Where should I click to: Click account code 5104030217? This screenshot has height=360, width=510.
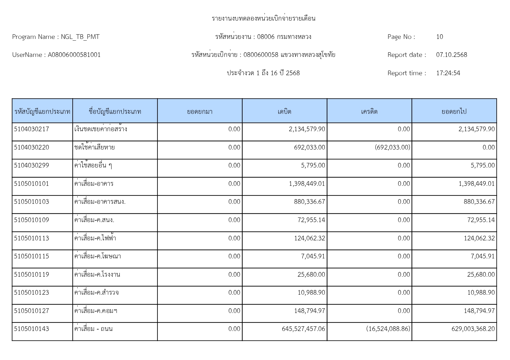coord(31,129)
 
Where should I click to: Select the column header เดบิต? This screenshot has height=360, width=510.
coord(284,111)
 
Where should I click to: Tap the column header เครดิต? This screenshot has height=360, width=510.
coord(369,111)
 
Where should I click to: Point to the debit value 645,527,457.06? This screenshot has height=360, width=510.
coord(303,329)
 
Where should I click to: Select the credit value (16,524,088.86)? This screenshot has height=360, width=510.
coord(388,329)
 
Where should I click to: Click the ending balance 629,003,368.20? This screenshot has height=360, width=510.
coord(473,329)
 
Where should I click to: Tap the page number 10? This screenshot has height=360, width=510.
coord(439,37)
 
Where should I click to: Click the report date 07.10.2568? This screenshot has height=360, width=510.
coord(451,55)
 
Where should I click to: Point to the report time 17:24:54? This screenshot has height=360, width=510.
coord(448,73)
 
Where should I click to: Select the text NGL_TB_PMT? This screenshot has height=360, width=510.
coord(80,37)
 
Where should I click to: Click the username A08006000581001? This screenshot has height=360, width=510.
coord(74,55)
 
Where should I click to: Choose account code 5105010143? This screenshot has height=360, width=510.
coord(31,329)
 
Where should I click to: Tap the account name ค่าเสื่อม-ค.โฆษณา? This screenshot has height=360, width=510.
coord(98,256)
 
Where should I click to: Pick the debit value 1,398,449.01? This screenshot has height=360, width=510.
coord(307,184)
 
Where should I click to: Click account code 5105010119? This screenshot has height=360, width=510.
coord(31,275)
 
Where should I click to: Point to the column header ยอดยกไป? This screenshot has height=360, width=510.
coord(454,111)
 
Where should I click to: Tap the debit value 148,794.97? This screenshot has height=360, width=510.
coord(309,311)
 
